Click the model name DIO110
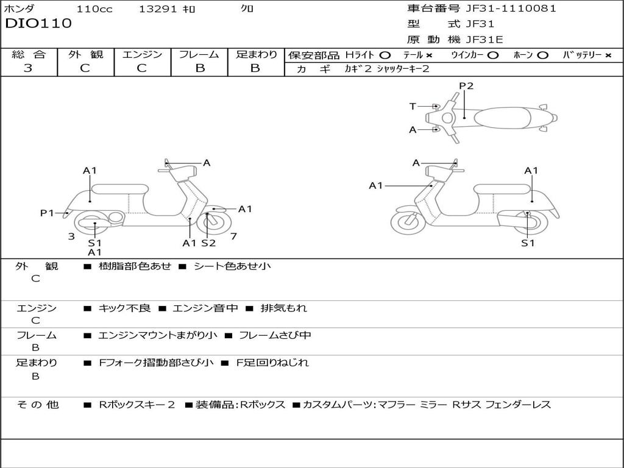pyautogui.click(x=38, y=24)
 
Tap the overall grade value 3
pyautogui.click(x=28, y=68)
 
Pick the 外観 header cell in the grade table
pyautogui.click(x=85, y=54)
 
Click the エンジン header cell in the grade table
pyautogui.click(x=142, y=54)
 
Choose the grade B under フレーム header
pyautogui.click(x=199, y=68)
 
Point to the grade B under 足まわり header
pyautogui.click(x=255, y=68)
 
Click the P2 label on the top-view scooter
pyautogui.click(x=466, y=86)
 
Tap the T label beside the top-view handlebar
pyautogui.click(x=413, y=107)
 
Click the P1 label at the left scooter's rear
pyautogui.click(x=47, y=213)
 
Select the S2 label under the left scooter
pyautogui.click(x=208, y=243)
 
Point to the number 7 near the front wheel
pyautogui.click(x=233, y=236)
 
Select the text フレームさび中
pyautogui.click(x=275, y=335)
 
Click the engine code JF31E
pyautogui.click(x=484, y=40)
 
